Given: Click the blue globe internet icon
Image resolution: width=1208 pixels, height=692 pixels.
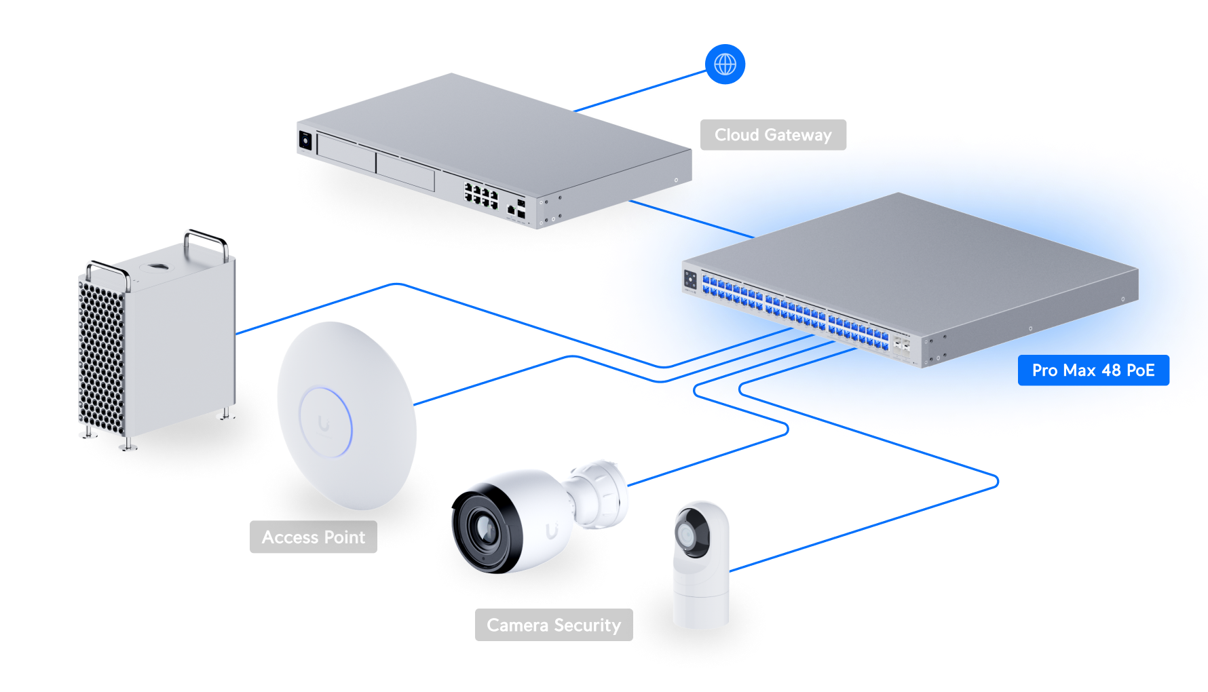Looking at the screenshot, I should pos(725,64).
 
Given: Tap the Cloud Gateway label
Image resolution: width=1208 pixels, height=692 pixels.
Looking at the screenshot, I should pos(773,135).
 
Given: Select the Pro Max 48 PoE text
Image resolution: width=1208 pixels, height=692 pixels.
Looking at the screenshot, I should pos(1093,370).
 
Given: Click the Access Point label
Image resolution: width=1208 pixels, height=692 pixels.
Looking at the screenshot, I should pos(314,537).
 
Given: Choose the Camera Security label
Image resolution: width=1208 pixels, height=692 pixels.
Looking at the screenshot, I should pos(554,625).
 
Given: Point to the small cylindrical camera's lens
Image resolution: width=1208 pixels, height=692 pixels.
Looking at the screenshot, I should pos(687,537).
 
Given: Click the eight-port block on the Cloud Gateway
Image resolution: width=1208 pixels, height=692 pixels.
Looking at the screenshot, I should pos(480,195).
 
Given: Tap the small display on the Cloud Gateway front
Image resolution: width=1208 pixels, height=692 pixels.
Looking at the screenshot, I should pos(305,141).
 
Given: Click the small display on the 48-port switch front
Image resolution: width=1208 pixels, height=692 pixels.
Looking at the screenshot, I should pos(690,280).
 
